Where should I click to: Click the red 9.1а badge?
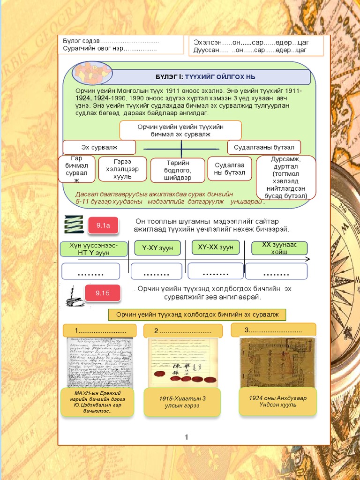pyautogui.click(x=103, y=225)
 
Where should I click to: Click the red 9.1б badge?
pyautogui.click(x=103, y=293)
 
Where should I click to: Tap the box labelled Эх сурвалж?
pyautogui.click(x=99, y=147)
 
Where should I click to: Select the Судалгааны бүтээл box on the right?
pyautogui.click(x=264, y=147)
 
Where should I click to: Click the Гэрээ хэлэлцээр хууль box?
pyautogui.click(x=122, y=169)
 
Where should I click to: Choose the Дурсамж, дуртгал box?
pyautogui.click(x=286, y=178)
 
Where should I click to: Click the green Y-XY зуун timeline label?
pyautogui.click(x=157, y=247)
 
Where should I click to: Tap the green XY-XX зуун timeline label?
pyautogui.click(x=216, y=247)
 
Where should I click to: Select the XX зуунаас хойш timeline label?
pyautogui.click(x=279, y=248)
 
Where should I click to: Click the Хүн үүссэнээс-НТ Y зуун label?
pyautogui.click(x=94, y=249)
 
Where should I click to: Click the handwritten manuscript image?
pyautogui.click(x=99, y=363)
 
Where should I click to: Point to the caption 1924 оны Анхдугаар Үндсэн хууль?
pyautogui.click(x=277, y=401)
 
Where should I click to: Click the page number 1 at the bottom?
pyautogui.click(x=187, y=437)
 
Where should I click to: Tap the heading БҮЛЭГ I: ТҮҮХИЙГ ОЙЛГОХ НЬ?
pyautogui.click(x=205, y=77)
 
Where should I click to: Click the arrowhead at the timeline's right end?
pyautogui.click(x=307, y=259)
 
